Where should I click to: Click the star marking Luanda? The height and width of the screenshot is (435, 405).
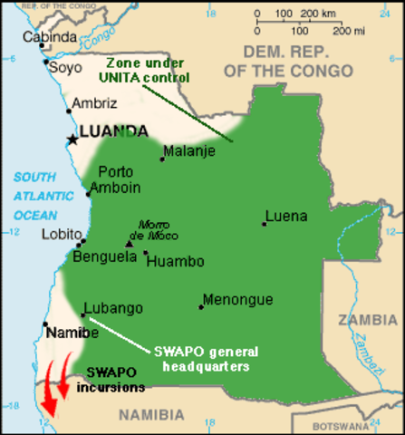click(72, 139)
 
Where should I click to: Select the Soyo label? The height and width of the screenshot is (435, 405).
click(64, 66)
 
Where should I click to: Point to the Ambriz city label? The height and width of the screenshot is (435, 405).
click(95, 102)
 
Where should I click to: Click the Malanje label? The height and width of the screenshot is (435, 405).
click(189, 150)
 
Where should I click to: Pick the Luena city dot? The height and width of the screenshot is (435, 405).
click(265, 223)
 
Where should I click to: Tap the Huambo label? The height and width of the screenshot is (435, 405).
click(175, 261)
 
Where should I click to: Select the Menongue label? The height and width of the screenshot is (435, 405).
click(237, 298)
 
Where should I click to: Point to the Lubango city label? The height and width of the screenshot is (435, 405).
click(113, 308)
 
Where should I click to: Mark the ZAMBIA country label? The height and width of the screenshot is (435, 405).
click(367, 319)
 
